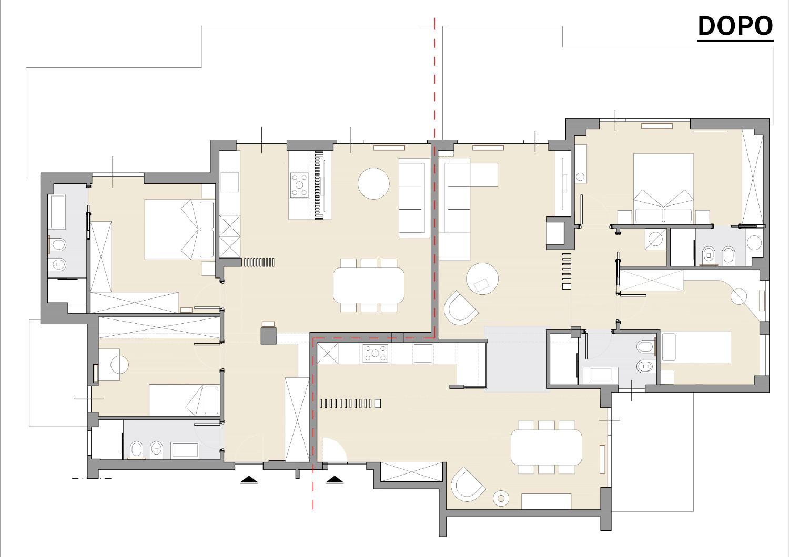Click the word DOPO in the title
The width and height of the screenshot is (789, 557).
point(735,26)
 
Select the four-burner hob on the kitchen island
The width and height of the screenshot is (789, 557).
point(299,185)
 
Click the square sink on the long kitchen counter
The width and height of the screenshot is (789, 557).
point(423,353)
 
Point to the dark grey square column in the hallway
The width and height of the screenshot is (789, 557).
point(268,336)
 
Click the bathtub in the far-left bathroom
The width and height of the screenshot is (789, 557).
point(58,212)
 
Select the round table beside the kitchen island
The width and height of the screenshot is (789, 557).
point(373,184)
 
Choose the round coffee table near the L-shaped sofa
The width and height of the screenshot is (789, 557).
point(482,278)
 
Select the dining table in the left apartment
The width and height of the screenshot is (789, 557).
point(369,285)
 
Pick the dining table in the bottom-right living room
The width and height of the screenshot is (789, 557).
point(547,447)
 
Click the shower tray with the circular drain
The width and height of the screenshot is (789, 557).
point(655,239)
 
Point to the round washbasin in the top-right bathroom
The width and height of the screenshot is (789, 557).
point(754,243)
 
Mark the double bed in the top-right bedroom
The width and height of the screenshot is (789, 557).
point(664,188)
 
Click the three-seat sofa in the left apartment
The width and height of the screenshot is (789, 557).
point(414,198)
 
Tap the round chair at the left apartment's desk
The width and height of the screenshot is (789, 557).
point(120,365)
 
